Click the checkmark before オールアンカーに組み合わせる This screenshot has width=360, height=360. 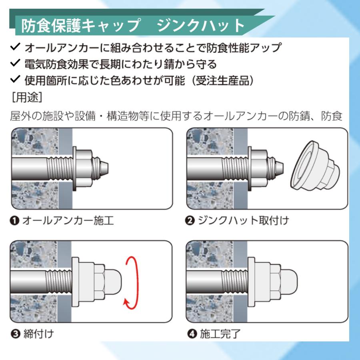(15, 48)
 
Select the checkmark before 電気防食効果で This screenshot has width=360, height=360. (15, 63)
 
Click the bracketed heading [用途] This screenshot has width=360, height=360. (27, 97)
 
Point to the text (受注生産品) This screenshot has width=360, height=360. (222, 80)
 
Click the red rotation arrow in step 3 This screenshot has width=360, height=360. (134, 283)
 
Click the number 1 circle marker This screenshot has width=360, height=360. (15, 220)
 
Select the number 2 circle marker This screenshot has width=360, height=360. (190, 220)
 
